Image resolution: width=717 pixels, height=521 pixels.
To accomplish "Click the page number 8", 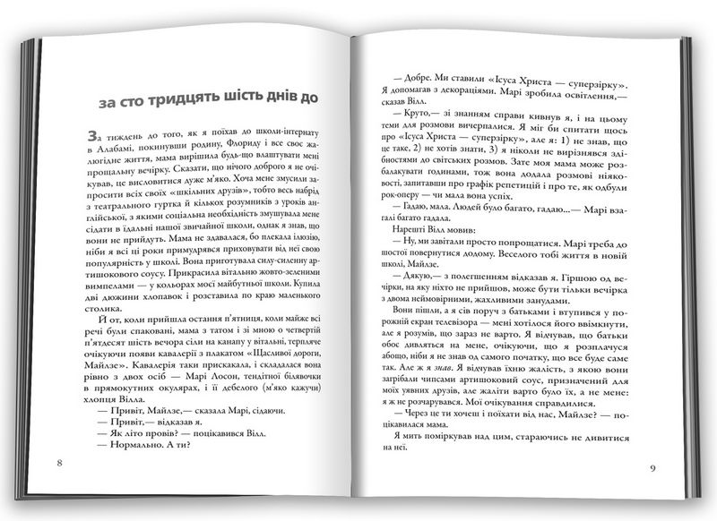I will pyautogui.click(x=58, y=463).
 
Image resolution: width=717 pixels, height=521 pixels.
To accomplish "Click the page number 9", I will pyautogui.click(x=653, y=468).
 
